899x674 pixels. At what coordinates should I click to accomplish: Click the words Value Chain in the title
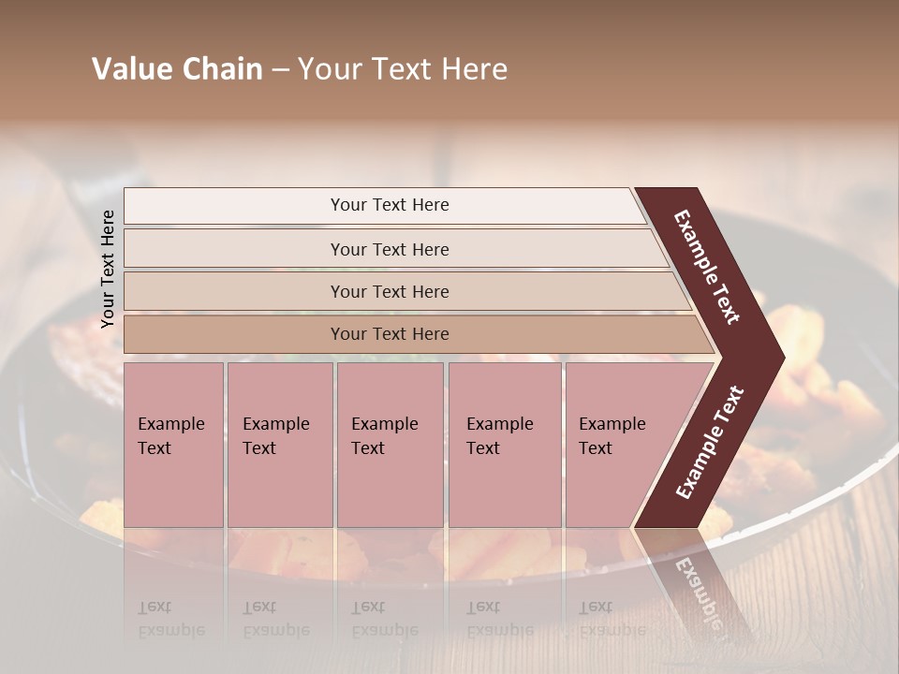(177, 69)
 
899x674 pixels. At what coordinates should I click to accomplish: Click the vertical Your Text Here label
(108, 269)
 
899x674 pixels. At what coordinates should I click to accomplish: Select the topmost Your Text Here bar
(389, 205)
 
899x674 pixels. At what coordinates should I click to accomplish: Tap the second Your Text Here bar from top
(389, 249)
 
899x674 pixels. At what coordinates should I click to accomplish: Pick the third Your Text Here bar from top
(389, 291)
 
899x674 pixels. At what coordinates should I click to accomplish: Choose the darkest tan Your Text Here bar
(389, 334)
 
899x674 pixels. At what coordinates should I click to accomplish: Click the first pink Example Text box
(173, 444)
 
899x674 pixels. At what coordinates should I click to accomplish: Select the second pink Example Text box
(279, 444)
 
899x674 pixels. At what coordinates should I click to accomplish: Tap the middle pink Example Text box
(390, 444)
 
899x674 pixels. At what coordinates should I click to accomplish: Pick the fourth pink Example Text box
(504, 444)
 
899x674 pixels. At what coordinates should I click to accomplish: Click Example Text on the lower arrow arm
(710, 442)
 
